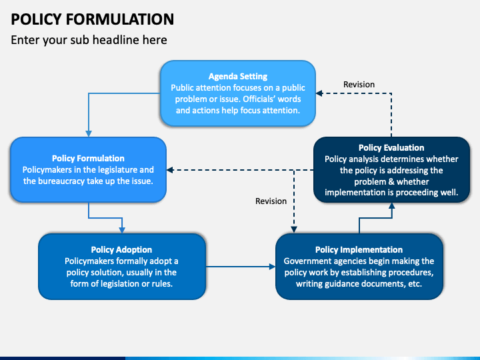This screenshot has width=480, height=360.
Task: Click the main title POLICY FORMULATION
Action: point(93,19)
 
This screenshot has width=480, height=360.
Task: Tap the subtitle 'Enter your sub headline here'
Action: point(89,40)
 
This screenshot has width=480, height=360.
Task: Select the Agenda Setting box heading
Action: point(238,76)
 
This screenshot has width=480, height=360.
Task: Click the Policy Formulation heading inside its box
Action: point(88,158)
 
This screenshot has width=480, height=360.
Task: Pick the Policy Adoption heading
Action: point(121,250)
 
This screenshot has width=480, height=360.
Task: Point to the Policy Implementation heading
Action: point(359,250)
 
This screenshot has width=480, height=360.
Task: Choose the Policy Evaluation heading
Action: point(391,148)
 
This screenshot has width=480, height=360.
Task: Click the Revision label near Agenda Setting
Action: point(359,85)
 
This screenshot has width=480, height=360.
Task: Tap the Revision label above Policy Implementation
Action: point(271,201)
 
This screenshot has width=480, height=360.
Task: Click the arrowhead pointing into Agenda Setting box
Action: point(319,93)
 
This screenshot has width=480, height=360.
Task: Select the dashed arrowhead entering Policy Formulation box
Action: point(170,170)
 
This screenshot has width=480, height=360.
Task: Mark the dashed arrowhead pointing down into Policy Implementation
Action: point(294,229)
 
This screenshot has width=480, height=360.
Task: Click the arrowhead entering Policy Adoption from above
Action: point(122,230)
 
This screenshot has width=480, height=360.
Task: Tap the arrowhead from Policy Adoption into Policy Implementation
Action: point(272,267)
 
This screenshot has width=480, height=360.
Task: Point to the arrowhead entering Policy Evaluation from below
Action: point(391,206)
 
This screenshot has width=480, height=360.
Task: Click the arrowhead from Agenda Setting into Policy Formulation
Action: point(89,133)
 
